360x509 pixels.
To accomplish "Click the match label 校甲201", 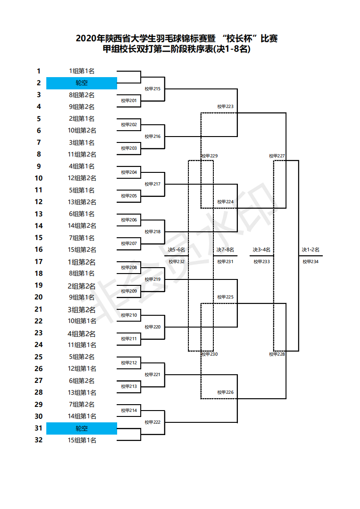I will point(129,100).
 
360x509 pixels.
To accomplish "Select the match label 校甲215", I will point(153,88).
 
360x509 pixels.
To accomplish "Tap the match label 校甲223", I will point(225,107).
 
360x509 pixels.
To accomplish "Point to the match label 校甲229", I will point(210,156).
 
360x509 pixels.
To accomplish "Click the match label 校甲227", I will point(277,156).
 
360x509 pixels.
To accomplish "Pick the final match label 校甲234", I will point(311,261).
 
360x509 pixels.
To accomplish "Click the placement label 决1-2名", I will point(311,250).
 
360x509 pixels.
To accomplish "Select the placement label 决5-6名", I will point(177,250).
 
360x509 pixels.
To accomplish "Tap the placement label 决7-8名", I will point(225,250).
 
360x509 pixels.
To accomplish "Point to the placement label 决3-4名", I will point(261,250).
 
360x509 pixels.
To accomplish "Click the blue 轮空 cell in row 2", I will point(82,83).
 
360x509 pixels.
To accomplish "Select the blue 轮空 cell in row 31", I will point(82,428).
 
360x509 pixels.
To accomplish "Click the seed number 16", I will point(39,250).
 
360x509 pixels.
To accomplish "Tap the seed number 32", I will point(39,440).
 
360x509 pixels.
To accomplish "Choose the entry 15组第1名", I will point(82,440).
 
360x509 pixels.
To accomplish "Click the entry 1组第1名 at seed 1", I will point(82,71).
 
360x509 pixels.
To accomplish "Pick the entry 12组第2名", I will point(82,178).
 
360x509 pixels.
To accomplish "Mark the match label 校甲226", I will point(225,392).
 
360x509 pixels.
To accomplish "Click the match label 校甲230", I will point(210,354).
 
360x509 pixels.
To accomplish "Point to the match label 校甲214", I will point(129,411).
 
